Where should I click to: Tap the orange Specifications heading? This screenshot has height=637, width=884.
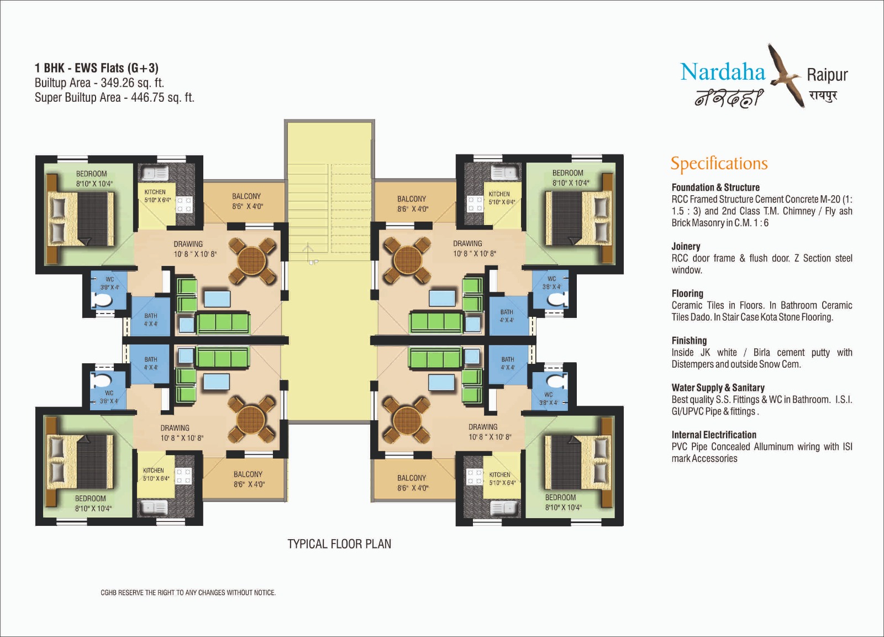click(x=719, y=164)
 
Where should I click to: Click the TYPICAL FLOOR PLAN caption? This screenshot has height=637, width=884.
click(x=339, y=544)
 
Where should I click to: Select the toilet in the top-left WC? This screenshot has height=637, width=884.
click(x=102, y=301)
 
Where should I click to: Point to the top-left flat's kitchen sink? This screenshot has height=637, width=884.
click(x=155, y=173)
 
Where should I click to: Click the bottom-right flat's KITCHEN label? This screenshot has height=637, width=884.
click(x=499, y=474)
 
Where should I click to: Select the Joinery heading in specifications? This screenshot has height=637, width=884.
click(x=686, y=247)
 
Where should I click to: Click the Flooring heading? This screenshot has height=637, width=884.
click(x=687, y=294)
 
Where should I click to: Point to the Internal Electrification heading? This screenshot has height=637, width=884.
click(x=714, y=435)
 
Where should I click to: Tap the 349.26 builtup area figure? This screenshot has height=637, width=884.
click(x=119, y=83)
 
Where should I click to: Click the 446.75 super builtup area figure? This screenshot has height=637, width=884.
click(x=149, y=97)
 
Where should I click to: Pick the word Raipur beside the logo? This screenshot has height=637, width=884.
click(x=827, y=75)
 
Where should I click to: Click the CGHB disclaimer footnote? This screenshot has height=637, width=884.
click(x=188, y=593)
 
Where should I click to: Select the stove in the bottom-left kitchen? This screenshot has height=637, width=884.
click(x=183, y=476)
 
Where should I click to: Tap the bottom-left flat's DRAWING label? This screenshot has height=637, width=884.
click(x=175, y=427)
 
